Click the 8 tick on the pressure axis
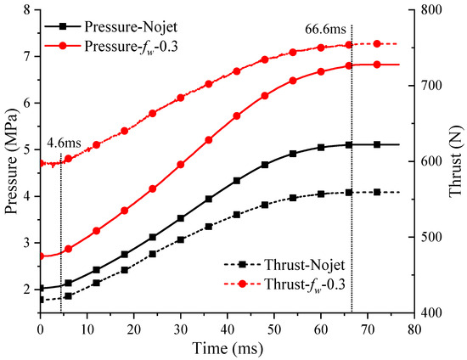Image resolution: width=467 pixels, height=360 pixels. (x=30, y=10)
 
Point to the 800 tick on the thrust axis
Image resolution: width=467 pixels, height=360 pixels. (x=425, y=10)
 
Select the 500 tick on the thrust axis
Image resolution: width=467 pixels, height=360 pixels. (x=425, y=237)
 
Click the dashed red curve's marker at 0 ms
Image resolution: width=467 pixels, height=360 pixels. (x=41, y=163)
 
